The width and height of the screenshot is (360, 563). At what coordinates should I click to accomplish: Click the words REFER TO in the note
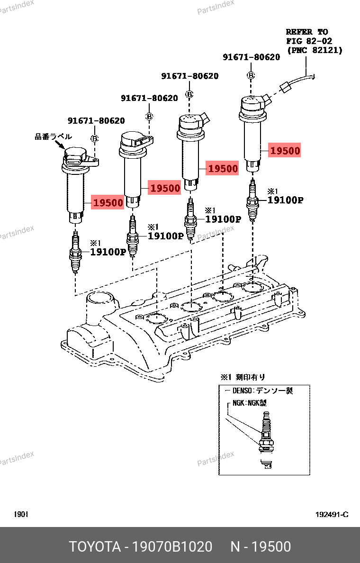[307, 32]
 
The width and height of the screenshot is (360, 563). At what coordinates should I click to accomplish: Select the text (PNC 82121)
[315, 50]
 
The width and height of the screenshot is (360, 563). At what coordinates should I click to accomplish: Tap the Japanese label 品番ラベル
[53, 136]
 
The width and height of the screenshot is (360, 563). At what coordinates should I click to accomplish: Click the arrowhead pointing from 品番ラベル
[62, 146]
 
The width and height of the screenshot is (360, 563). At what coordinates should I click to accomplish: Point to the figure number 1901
[21, 515]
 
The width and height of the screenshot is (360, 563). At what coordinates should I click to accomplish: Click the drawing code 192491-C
[332, 515]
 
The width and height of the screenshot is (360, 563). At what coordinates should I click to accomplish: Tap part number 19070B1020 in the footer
[172, 546]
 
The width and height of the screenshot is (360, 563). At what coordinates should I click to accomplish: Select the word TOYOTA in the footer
[95, 546]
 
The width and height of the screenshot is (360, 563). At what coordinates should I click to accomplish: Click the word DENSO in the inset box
[242, 390]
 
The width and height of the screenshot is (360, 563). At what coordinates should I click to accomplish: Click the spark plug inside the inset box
[266, 440]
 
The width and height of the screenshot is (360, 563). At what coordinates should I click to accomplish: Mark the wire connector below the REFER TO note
[285, 87]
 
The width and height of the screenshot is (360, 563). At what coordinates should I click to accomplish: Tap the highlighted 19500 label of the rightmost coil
[285, 150]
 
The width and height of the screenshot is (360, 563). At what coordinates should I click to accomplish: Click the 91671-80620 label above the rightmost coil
[251, 57]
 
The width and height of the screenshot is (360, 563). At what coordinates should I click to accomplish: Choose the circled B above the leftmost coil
[94, 138]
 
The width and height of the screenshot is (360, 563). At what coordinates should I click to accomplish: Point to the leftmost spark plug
[75, 252]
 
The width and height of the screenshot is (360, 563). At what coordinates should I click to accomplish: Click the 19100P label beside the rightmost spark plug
[285, 200]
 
